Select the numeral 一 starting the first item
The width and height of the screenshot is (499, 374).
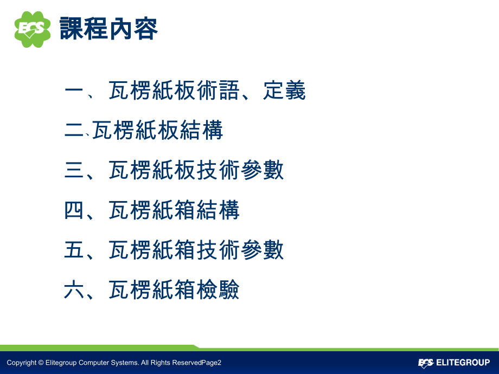[x=73, y=91]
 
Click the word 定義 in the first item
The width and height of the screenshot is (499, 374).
[x=285, y=91]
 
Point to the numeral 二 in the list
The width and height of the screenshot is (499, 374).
[x=73, y=131]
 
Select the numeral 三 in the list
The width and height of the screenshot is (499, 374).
[x=73, y=171]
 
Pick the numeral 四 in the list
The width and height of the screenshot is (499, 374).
[x=73, y=211]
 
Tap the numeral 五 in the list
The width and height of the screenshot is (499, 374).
[x=73, y=251]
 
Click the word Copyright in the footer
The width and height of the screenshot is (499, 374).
[x=21, y=363]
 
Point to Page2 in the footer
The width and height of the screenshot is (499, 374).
[x=211, y=363]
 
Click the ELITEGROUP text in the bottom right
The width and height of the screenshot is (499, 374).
[x=463, y=363]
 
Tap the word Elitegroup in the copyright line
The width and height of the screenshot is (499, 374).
[x=61, y=363]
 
